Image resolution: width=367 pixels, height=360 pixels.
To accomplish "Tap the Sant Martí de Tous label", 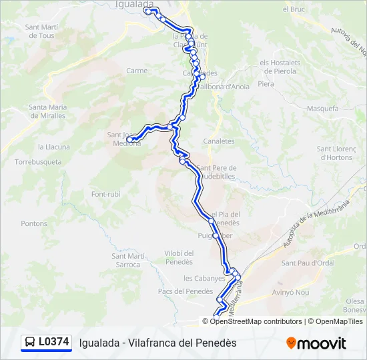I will point(41,31).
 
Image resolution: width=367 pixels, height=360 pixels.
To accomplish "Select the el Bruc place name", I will point(294,9).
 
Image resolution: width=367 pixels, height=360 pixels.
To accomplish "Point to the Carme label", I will point(137,70).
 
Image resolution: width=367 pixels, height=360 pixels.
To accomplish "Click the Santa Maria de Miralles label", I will point(47,111).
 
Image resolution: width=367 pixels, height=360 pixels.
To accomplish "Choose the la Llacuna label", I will point(54,147).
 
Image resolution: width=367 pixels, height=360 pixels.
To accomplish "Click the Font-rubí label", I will point(105,194).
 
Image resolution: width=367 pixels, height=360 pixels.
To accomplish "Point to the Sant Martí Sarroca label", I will point(126,260).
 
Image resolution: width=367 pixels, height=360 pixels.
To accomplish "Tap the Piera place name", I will point(266,84).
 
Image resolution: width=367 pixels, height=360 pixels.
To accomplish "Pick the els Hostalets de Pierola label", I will point(280,66).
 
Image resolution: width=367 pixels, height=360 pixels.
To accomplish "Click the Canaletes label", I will point(219,141).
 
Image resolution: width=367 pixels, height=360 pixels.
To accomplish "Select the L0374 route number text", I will point(54,342).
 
